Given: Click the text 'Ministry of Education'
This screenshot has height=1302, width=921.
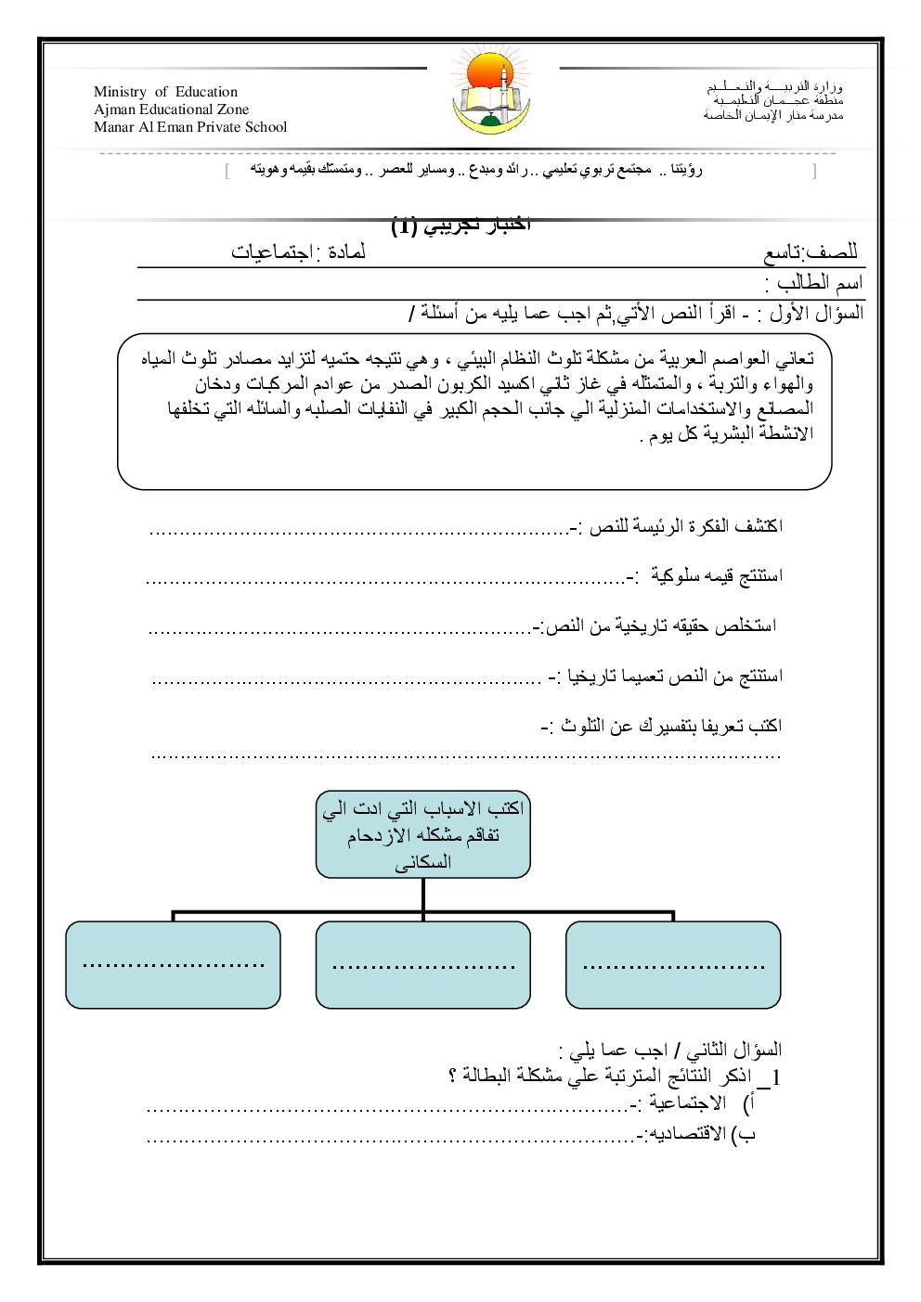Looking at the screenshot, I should tap(165, 92).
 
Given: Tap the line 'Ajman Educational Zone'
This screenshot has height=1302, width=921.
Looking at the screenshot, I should tap(171, 110).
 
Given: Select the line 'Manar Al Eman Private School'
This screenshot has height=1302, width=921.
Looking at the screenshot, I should tap(190, 127).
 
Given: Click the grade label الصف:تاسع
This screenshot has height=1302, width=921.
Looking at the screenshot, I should tap(811, 252).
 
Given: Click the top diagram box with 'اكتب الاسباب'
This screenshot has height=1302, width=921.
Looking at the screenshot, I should tap(422, 834).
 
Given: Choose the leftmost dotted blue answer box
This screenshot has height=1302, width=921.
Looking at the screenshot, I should tap(173, 964).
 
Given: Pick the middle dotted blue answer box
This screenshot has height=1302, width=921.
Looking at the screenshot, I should tap(422, 964).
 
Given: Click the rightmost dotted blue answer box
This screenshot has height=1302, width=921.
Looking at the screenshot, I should tap(673, 964).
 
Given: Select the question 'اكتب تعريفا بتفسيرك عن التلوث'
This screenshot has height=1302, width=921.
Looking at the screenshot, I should tap(661, 726).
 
